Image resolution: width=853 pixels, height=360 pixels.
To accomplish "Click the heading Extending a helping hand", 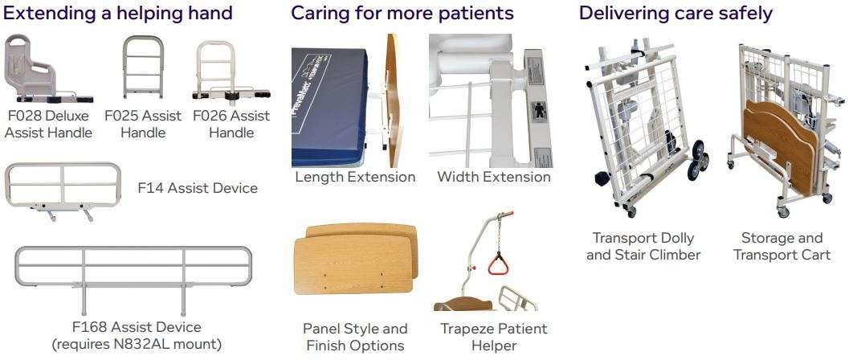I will coord(119,13).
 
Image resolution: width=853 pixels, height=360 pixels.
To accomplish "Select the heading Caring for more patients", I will coord(402,13).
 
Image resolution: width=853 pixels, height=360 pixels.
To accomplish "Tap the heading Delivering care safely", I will coord(675,13).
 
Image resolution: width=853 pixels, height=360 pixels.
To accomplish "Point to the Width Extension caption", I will coord(494,177).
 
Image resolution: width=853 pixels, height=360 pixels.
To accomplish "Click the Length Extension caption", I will coord(355,177).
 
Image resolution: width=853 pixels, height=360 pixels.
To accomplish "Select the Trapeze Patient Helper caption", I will coord(494,337).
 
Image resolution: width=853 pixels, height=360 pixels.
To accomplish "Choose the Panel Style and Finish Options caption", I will coord(355,337).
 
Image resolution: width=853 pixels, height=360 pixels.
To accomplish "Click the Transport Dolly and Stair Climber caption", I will coord(643,246).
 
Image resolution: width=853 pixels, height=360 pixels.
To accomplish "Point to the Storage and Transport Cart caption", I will coord(782,246).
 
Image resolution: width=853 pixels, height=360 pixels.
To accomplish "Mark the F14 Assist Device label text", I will coord(198,188).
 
